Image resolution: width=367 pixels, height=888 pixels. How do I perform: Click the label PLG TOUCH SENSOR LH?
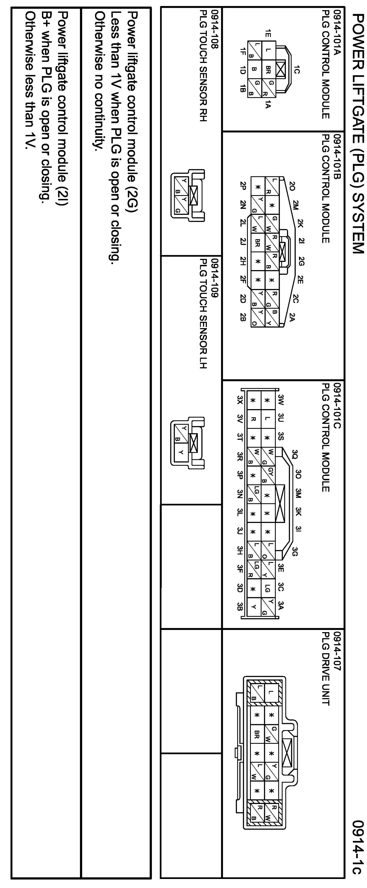click(x=203, y=314)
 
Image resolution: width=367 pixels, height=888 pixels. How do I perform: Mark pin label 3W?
click(x=281, y=400)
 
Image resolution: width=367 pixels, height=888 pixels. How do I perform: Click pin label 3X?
click(x=240, y=400)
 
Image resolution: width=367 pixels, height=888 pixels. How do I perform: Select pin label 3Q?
click(x=294, y=453)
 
